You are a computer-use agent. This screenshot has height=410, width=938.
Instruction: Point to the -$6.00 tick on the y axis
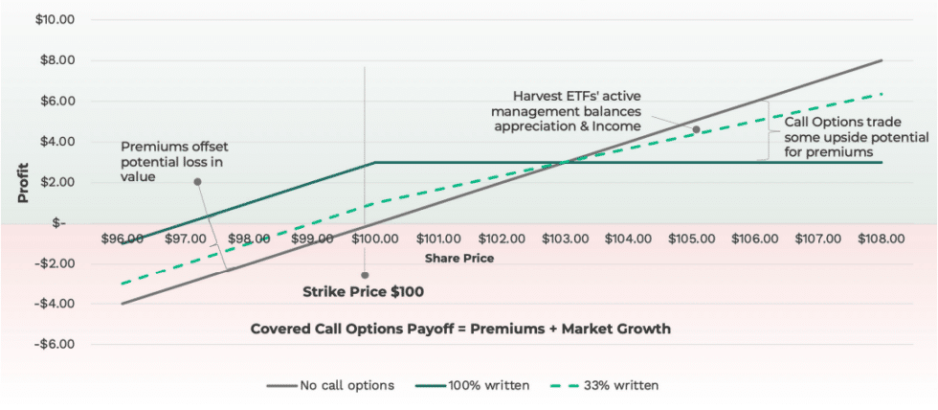(x=56, y=344)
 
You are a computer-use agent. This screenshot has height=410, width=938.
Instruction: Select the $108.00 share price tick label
(x=881, y=239)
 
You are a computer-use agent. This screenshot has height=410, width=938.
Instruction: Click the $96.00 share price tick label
(x=122, y=239)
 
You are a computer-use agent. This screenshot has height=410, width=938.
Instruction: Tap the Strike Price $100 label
(x=363, y=291)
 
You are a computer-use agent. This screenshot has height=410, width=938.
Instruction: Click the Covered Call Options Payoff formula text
(x=460, y=329)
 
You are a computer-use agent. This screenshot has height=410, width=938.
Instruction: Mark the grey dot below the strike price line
(x=365, y=275)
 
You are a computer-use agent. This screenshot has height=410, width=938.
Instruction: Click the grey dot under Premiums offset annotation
(x=197, y=181)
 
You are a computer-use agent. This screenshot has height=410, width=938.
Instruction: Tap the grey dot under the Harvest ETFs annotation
(x=696, y=128)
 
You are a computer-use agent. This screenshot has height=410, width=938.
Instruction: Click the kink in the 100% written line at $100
(x=374, y=162)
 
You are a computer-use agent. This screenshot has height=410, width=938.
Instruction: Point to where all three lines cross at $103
(x=565, y=162)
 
